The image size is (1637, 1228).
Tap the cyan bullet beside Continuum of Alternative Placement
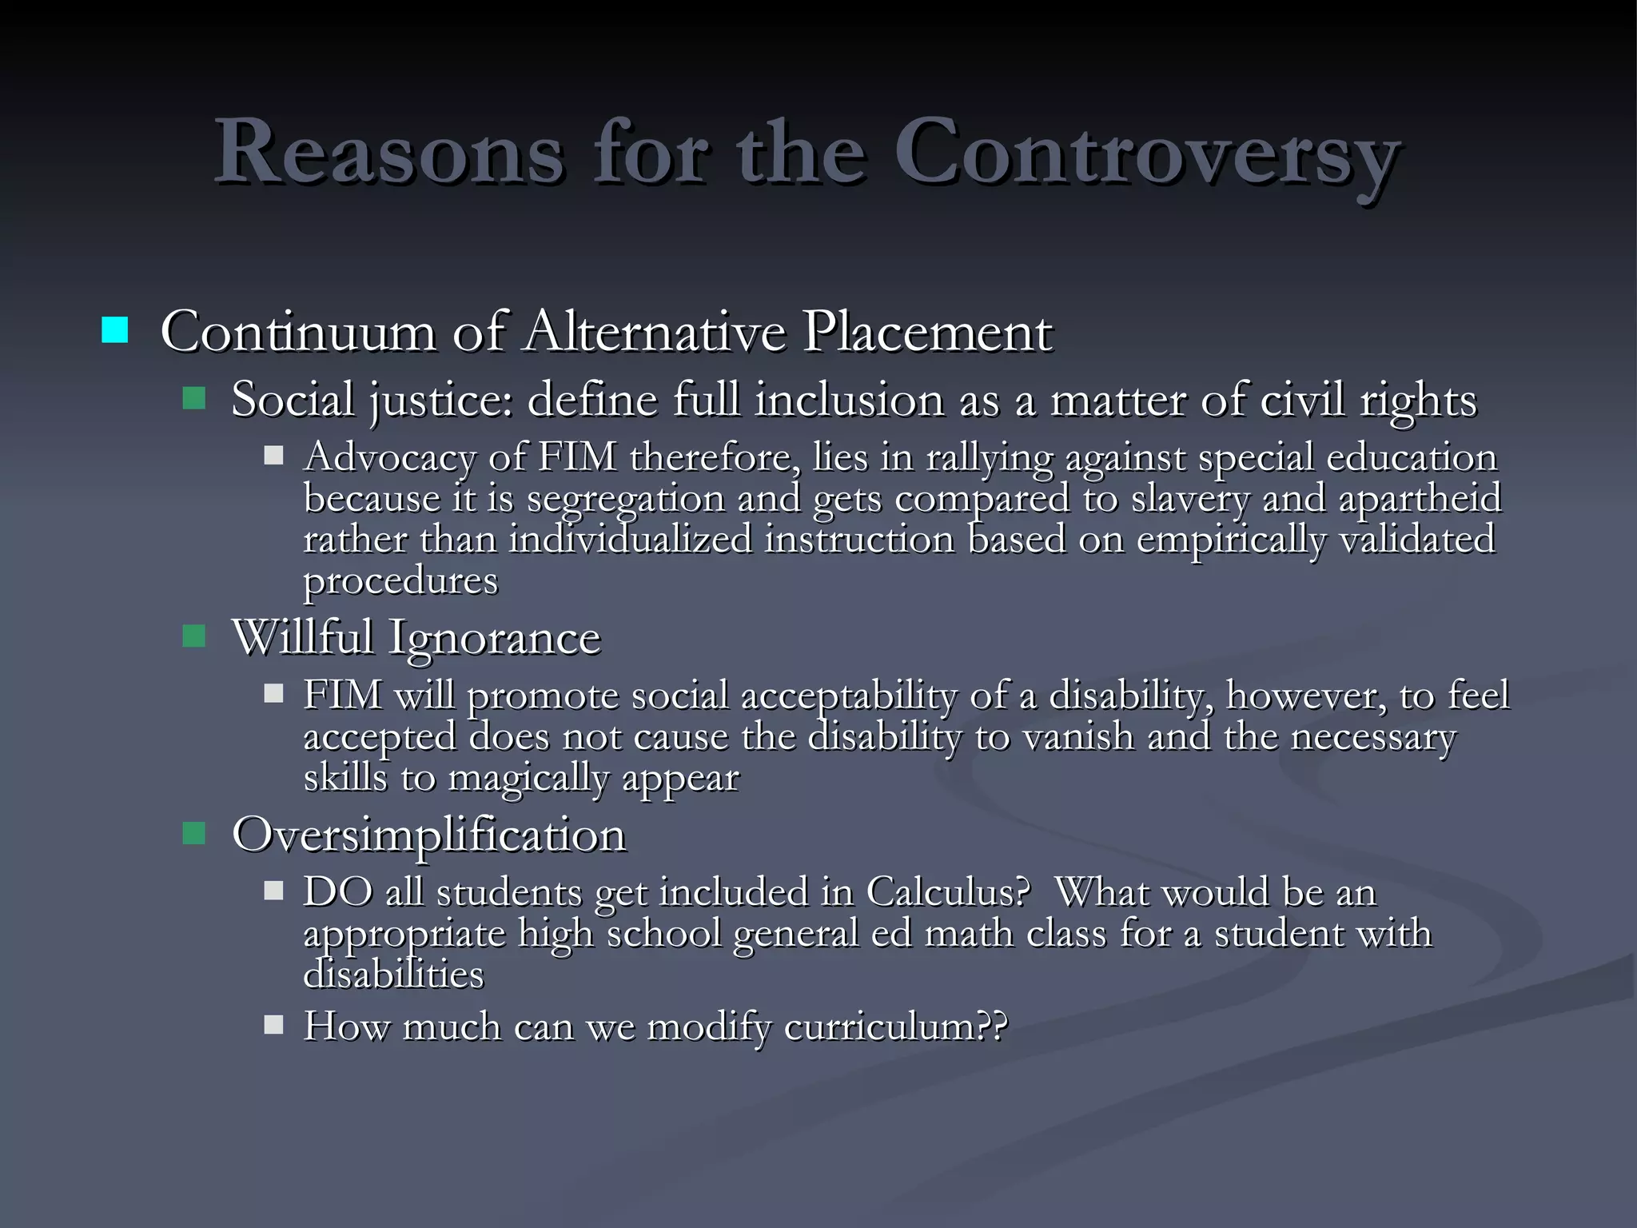tap(115, 330)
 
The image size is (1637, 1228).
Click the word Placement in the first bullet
tap(927, 331)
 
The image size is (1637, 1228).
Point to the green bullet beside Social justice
tap(194, 397)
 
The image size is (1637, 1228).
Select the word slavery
tap(1190, 499)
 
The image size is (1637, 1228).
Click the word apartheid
tap(1420, 499)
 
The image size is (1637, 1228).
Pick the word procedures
tap(400, 581)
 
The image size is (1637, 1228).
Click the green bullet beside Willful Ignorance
tap(194, 636)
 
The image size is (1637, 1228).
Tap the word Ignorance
tap(494, 638)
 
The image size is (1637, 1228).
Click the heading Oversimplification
tap(428, 835)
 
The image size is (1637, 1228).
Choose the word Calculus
tap(947, 892)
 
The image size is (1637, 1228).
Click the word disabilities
tap(393, 975)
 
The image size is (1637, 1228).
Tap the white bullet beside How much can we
tap(274, 1024)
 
